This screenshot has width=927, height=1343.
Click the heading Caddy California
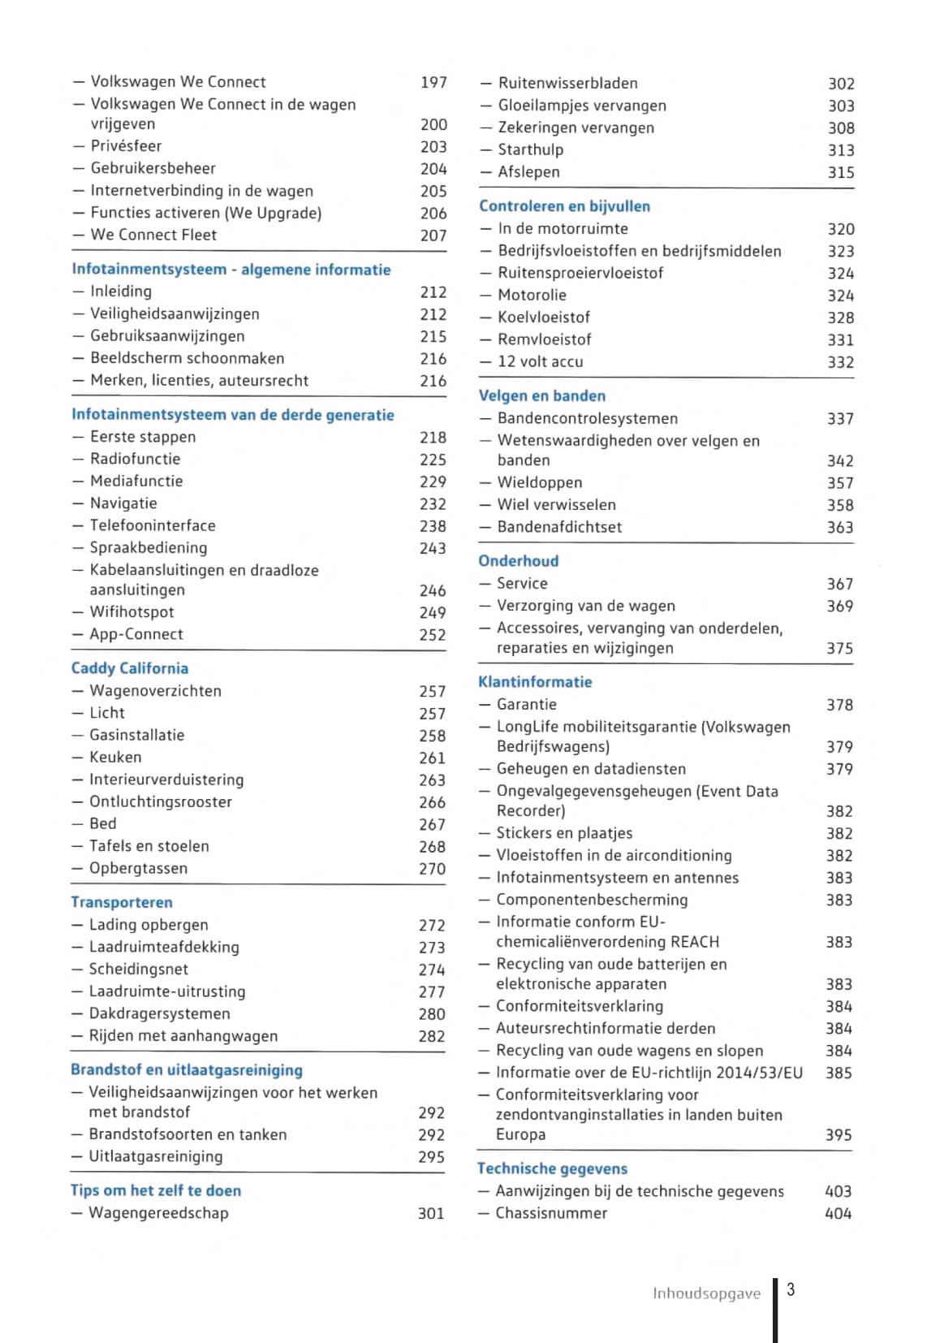[129, 668]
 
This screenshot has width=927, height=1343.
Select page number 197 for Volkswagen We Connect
[433, 82]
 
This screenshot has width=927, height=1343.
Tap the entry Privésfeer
[126, 146]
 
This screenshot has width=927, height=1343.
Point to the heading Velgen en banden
[541, 395]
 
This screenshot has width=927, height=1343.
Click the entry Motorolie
[532, 296]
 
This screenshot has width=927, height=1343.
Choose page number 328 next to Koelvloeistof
[840, 317]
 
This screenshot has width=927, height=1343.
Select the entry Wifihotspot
[132, 612]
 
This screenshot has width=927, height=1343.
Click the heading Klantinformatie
[535, 682]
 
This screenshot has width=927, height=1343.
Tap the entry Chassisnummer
[551, 1213]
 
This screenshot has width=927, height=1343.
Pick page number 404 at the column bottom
[838, 1214]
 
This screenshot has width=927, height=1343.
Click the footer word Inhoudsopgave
[706, 1293]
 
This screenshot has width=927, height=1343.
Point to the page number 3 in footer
[791, 1290]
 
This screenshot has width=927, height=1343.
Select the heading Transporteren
[121, 902]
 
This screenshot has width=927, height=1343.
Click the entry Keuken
[115, 758]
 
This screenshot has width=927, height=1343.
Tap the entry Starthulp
[530, 150]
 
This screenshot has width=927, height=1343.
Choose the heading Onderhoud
[518, 561]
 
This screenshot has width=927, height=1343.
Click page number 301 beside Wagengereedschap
[431, 1214]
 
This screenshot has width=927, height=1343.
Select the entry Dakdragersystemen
[159, 1014]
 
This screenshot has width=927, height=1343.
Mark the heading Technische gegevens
[552, 1168]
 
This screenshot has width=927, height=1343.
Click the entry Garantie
[526, 705]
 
